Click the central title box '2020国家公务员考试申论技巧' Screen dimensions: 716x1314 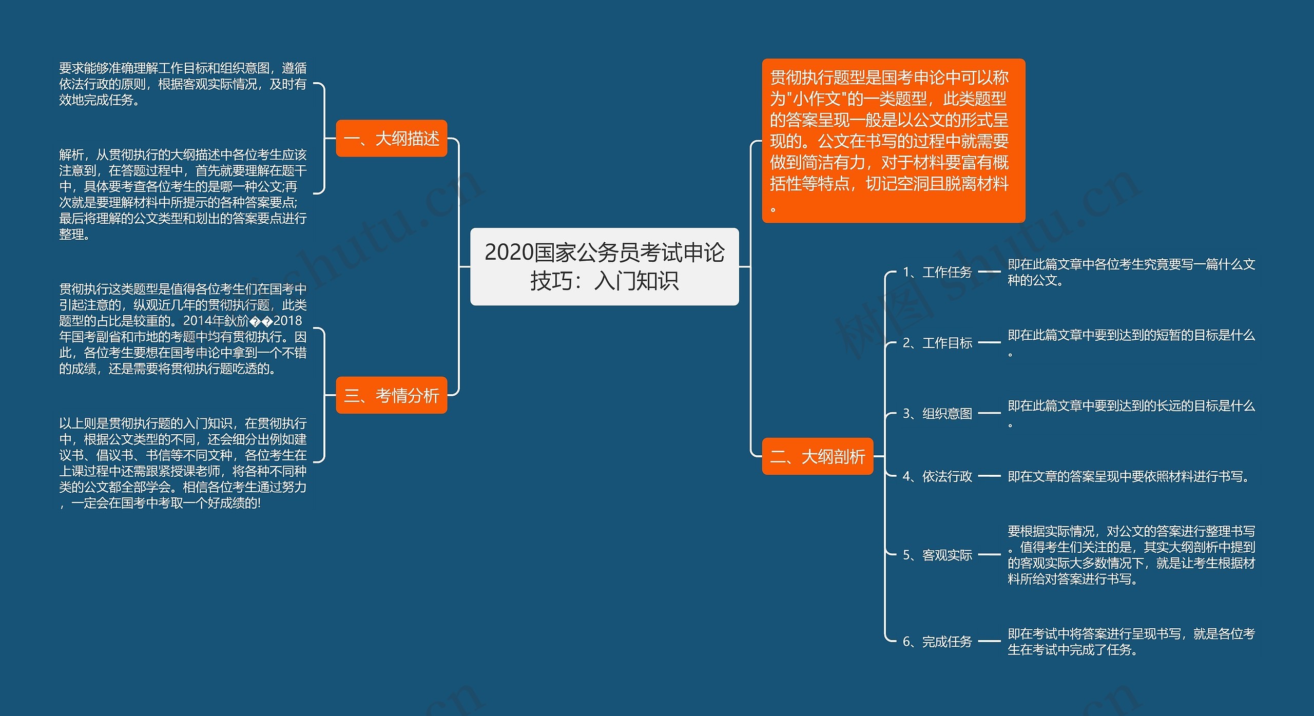pos(604,266)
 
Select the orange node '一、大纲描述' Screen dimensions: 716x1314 pos(391,139)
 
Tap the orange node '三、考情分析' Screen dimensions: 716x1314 pos(391,395)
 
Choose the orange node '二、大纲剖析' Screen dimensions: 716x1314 pos(817,456)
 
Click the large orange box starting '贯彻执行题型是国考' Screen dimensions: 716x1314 pos(893,140)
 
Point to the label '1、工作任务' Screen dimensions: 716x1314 pos(937,272)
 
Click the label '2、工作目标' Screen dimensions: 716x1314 pos(937,342)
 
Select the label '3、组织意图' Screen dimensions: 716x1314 pos(937,413)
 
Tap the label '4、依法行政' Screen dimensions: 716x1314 pos(937,476)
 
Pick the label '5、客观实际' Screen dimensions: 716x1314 pos(937,555)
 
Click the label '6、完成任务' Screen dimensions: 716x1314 pos(937,641)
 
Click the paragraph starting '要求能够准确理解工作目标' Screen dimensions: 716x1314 pos(182,84)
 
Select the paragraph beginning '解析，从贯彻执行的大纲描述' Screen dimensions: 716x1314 pos(182,194)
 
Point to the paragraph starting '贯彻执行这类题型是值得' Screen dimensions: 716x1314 pos(182,328)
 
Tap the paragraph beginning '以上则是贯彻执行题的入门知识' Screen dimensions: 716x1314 pos(182,462)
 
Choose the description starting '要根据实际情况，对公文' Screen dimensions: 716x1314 pos(1131,555)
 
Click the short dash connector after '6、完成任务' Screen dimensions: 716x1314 pos(989,641)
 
